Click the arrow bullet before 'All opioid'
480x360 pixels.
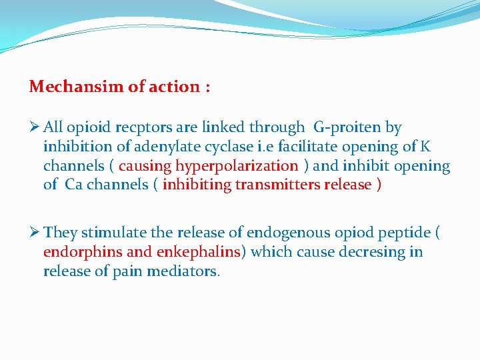point(35,127)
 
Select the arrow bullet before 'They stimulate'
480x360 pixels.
point(35,233)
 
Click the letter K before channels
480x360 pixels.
point(426,146)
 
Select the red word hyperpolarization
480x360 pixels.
point(236,165)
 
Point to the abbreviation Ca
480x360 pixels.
point(73,185)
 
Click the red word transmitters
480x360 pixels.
point(277,185)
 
